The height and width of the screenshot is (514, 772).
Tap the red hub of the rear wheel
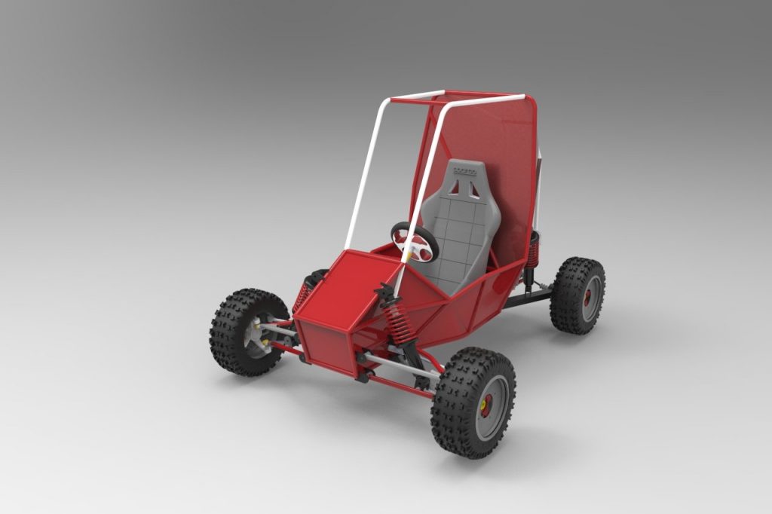point(587,296)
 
